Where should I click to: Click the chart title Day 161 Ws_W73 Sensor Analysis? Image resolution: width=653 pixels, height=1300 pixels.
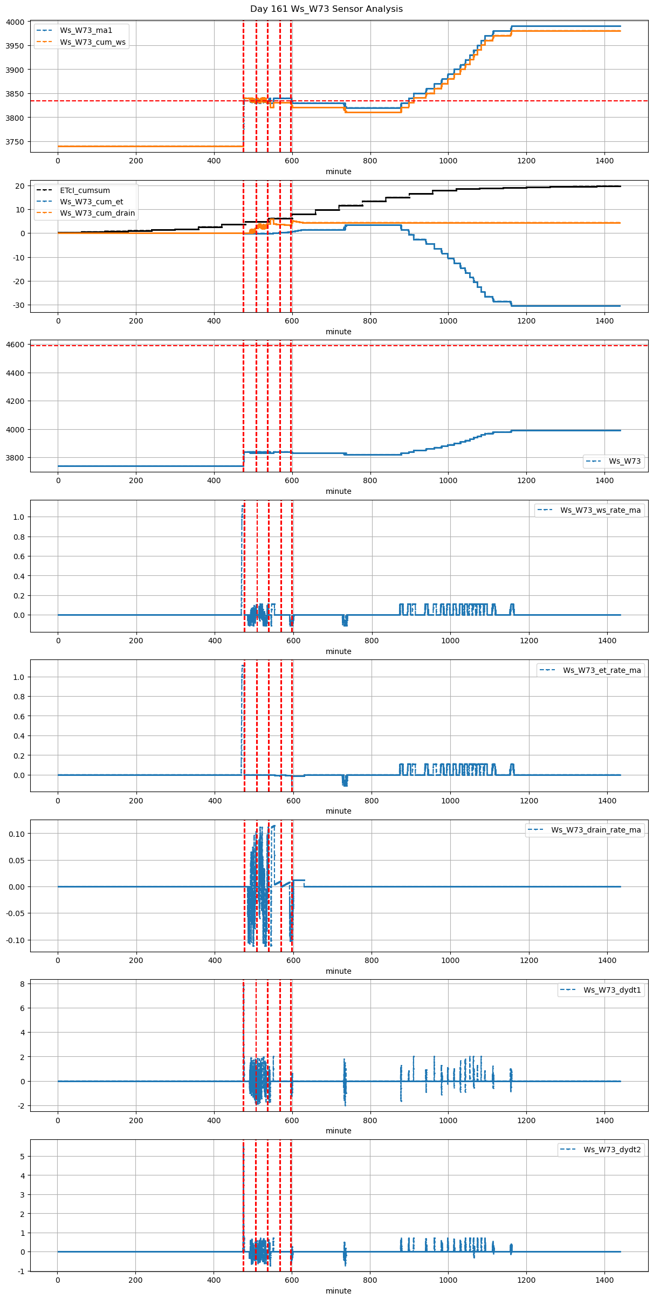[326, 9]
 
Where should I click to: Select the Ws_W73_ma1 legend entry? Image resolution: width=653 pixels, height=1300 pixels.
[86, 31]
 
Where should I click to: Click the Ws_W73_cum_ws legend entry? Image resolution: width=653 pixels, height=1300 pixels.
[92, 42]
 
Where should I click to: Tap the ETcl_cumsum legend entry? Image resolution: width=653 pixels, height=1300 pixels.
[85, 190]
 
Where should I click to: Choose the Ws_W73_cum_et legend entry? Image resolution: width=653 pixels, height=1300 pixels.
[91, 202]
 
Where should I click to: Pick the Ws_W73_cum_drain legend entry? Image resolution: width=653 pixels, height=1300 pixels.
[97, 213]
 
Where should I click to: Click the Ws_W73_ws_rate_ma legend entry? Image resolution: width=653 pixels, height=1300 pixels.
[600, 510]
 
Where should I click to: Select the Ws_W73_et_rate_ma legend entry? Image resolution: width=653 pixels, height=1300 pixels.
[602, 670]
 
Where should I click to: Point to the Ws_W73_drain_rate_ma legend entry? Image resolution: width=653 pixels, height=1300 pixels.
[596, 830]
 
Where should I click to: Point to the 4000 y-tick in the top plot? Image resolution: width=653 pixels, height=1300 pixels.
[16, 22]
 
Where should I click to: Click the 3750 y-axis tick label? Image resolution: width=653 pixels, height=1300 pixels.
[16, 142]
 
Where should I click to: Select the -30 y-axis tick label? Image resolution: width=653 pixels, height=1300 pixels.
[19, 305]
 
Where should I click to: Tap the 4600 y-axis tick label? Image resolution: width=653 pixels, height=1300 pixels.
[16, 345]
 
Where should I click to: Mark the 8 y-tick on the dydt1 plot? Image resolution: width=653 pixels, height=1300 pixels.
[22, 983]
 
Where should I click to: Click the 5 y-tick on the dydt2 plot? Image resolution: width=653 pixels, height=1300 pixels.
[22, 1157]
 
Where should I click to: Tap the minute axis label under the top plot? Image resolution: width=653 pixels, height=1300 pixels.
[338, 171]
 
